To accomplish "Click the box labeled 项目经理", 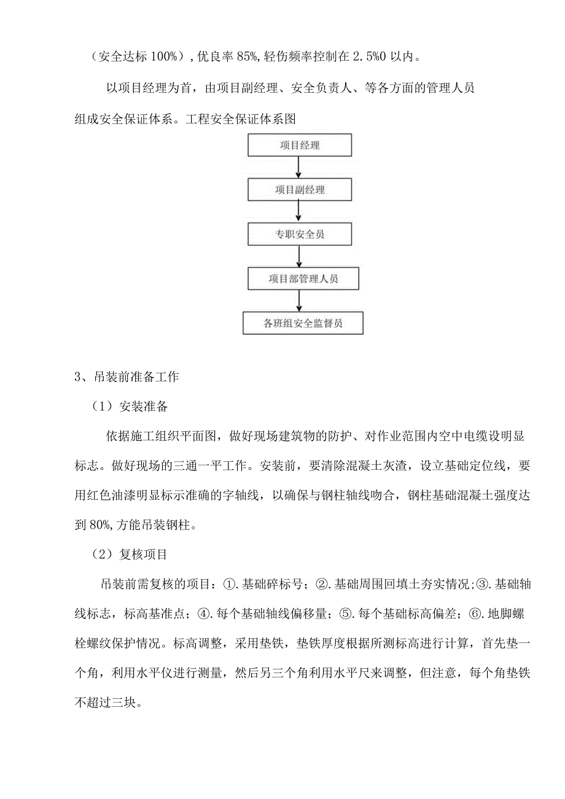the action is (x=299, y=146).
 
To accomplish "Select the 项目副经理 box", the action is (x=299, y=190).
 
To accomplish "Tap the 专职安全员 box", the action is (x=299, y=234).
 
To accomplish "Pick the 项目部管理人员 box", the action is (x=303, y=278).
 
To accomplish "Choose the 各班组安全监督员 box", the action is (x=303, y=323).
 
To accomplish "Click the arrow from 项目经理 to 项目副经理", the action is (x=298, y=167).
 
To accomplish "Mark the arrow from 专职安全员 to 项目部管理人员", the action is (x=298, y=256).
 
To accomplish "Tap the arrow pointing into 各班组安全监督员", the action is (x=298, y=301).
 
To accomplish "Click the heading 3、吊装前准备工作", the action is (x=127, y=377).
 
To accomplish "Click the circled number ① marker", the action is (x=228, y=583).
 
